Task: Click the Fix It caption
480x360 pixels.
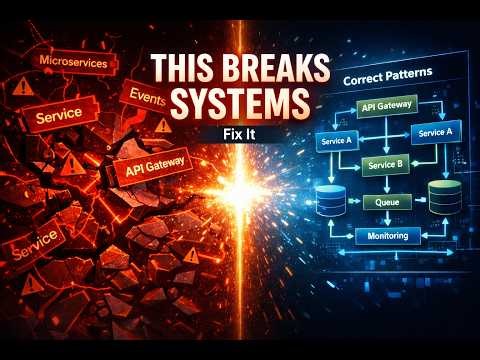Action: click(x=240, y=131)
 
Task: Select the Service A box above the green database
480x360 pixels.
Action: click(x=436, y=133)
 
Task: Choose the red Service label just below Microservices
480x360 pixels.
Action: click(x=58, y=116)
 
